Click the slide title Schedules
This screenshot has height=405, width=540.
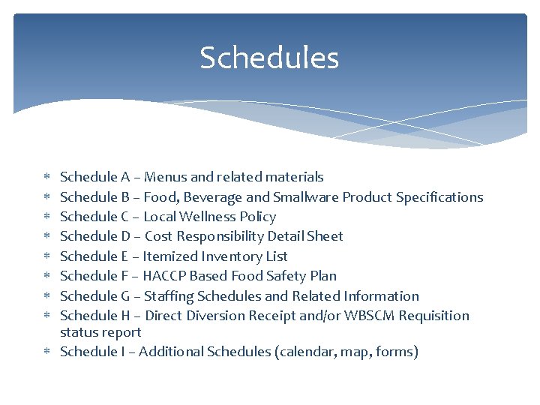269,58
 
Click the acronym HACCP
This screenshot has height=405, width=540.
165,276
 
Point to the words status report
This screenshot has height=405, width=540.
100,332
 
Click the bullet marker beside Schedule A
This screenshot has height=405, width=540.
46,178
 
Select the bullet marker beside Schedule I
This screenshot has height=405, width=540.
46,352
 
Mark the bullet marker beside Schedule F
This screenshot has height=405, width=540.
46,277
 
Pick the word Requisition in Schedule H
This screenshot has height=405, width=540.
434,316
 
